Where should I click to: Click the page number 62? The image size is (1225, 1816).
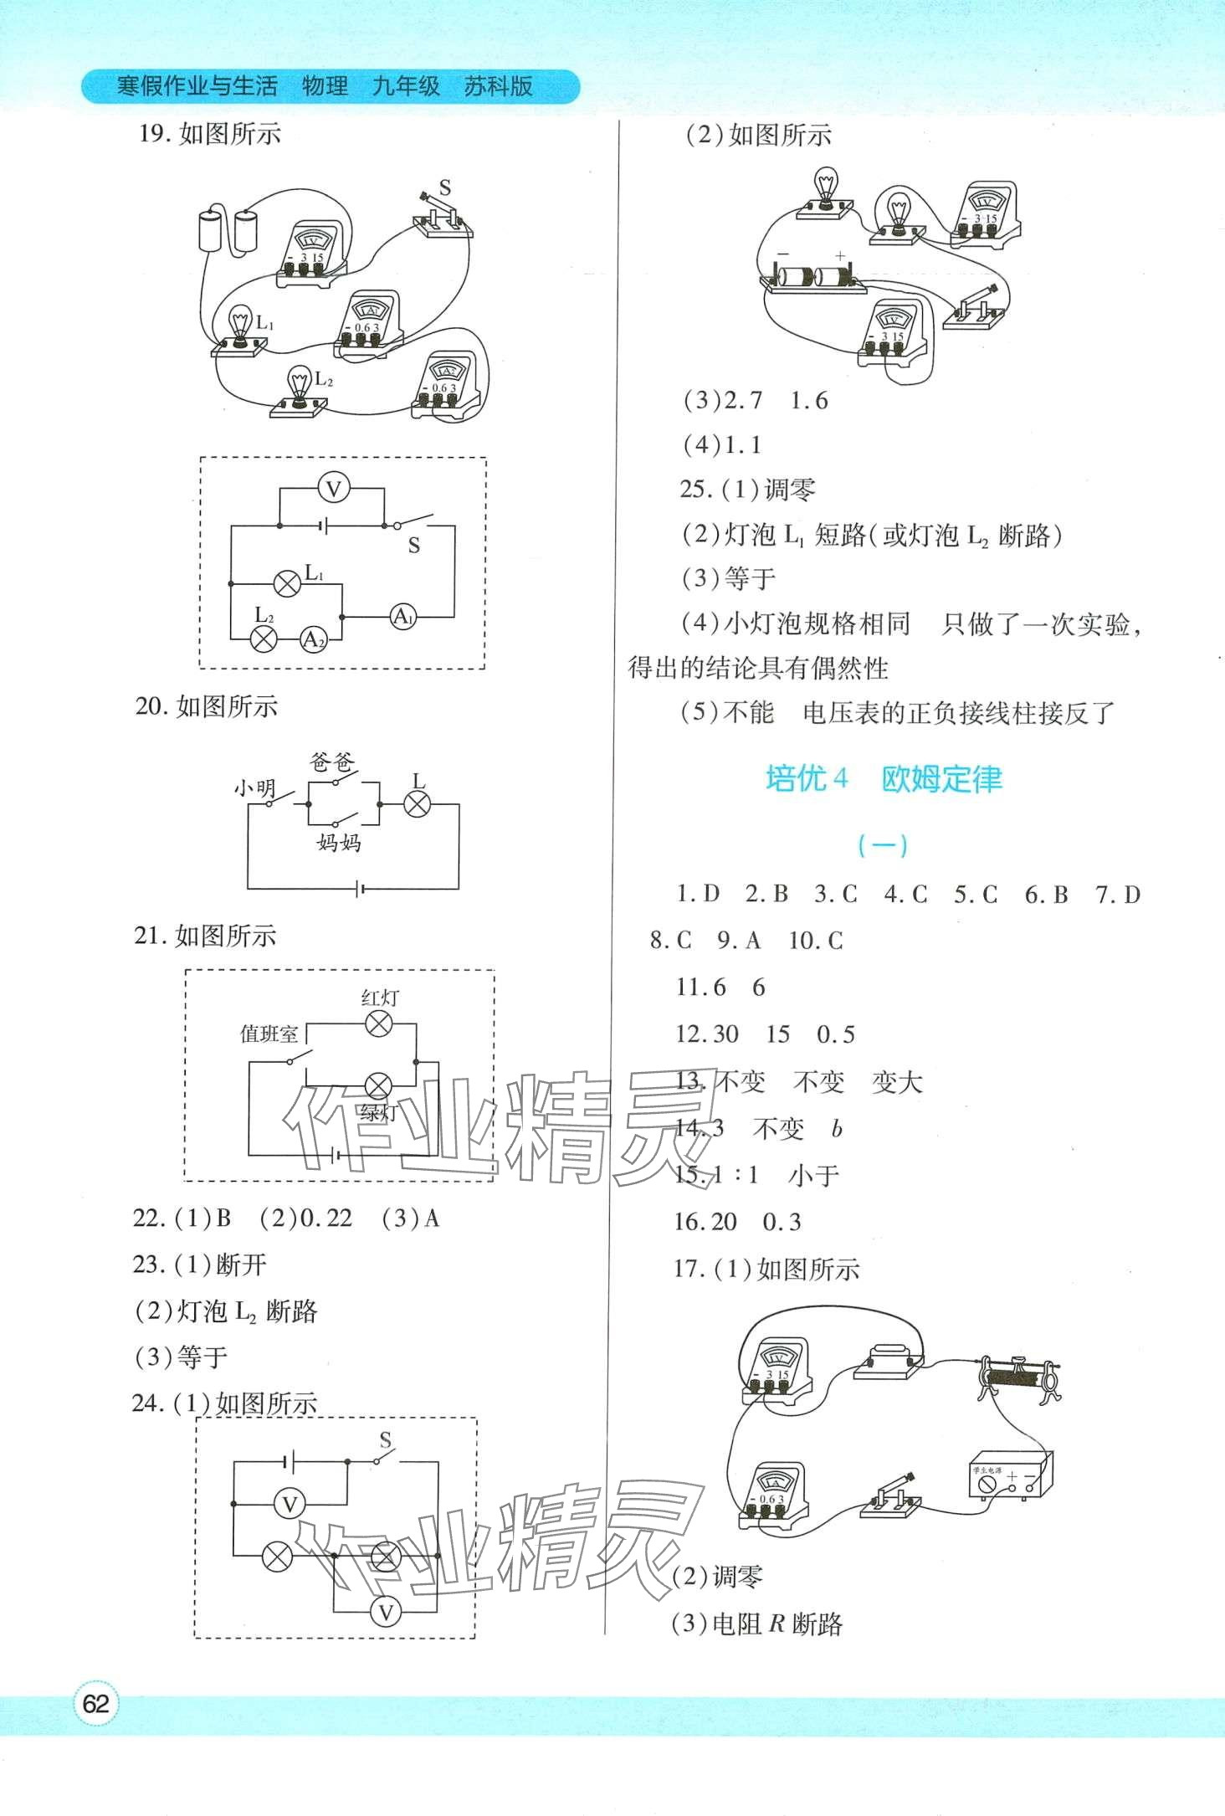[x=96, y=1703]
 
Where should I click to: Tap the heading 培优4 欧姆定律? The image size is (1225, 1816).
[x=883, y=779]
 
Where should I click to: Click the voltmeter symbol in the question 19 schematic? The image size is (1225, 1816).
[x=334, y=488]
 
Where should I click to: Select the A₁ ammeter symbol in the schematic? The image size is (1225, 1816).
[x=403, y=618]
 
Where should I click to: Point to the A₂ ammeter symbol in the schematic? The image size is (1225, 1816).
[x=313, y=639]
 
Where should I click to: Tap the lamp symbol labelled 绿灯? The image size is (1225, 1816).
[x=378, y=1087]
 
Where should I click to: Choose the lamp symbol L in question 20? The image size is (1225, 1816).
[x=417, y=804]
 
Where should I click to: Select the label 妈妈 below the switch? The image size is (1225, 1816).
[x=339, y=842]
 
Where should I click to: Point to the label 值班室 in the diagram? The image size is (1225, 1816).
[x=269, y=1034]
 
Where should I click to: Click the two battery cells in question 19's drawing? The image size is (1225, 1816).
[x=227, y=229]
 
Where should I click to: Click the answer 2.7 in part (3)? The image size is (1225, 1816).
[x=744, y=401]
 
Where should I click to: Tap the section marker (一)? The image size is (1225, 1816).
[x=883, y=846]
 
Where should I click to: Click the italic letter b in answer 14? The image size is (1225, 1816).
[x=837, y=1129]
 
